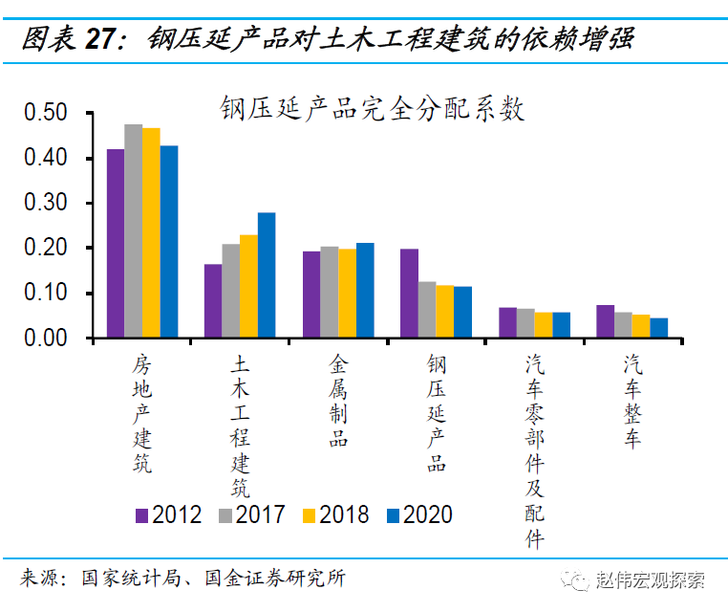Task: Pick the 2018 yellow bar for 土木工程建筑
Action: point(248,286)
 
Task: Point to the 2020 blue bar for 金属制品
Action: point(365,291)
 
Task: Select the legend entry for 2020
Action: point(419,515)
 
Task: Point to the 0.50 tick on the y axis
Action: point(45,113)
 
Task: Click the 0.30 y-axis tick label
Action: point(45,203)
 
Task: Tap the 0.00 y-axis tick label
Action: point(45,339)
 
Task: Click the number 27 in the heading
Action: point(103,38)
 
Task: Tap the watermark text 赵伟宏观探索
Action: point(650,579)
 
